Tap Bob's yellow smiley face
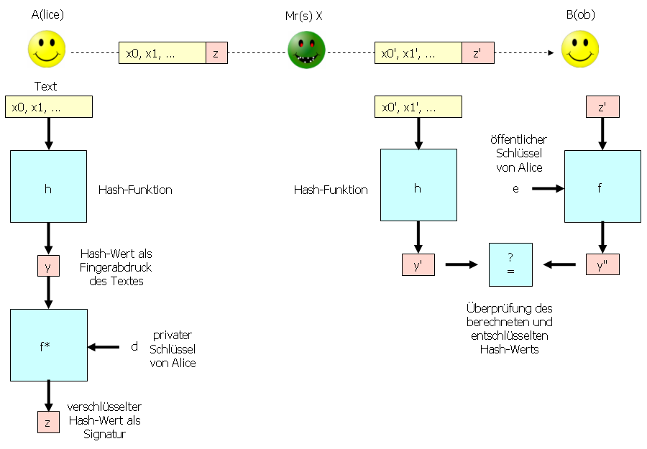tap(580, 49)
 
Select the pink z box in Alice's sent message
tap(216, 53)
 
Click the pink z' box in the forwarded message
tap(477, 53)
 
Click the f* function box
tap(49, 345)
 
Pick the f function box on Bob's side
tap(602, 186)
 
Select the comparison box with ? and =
tap(510, 264)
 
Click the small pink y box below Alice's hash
tap(48, 266)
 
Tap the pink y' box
tap(418, 264)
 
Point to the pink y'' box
tap(602, 264)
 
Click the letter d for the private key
tap(134, 347)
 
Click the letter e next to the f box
tap(515, 188)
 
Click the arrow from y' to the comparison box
tap(462, 264)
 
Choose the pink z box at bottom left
tap(48, 422)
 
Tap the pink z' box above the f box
tap(602, 107)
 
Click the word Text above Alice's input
tap(45, 86)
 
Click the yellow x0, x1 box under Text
tap(49, 107)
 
